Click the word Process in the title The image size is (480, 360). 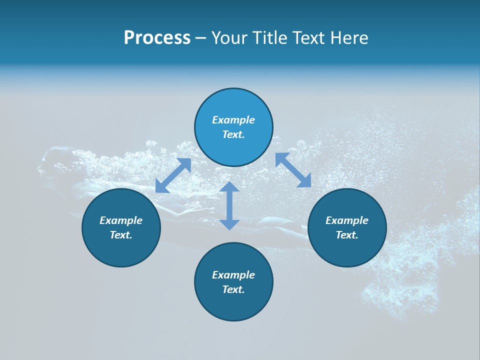(157, 38)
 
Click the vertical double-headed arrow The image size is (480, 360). (229, 205)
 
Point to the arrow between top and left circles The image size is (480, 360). (173, 175)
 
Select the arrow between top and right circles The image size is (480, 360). (293, 170)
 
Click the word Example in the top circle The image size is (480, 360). (233, 120)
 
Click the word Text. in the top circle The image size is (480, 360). (233, 134)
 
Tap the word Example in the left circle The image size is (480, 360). (121, 220)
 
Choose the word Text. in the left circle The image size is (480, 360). (121, 235)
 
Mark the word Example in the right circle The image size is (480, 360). (347, 220)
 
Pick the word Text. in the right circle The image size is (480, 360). (347, 235)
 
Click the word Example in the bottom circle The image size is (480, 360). (233, 275)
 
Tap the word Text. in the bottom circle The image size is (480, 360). (233, 289)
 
